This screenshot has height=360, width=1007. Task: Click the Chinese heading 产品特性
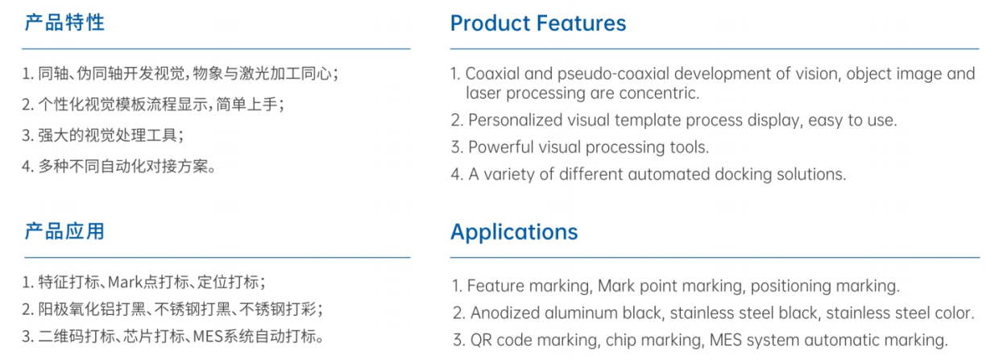pyautogui.click(x=64, y=23)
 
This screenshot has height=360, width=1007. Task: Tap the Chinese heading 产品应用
pyautogui.click(x=64, y=231)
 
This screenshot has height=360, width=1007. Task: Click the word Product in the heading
pyautogui.click(x=491, y=23)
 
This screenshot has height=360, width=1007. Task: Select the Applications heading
pyautogui.click(x=514, y=233)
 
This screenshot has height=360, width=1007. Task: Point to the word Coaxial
pyautogui.click(x=492, y=73)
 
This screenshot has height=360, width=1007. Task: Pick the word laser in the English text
pyautogui.click(x=483, y=93)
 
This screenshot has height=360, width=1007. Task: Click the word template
pyautogui.click(x=648, y=120)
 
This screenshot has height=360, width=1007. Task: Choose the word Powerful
pyautogui.click(x=500, y=147)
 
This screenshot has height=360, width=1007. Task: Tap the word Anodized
pyautogui.click(x=505, y=312)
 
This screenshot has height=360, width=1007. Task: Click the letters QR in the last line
pyautogui.click(x=481, y=340)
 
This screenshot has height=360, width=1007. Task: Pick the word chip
pyautogui.click(x=620, y=340)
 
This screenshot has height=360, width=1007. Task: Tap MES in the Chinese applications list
pyautogui.click(x=208, y=336)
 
